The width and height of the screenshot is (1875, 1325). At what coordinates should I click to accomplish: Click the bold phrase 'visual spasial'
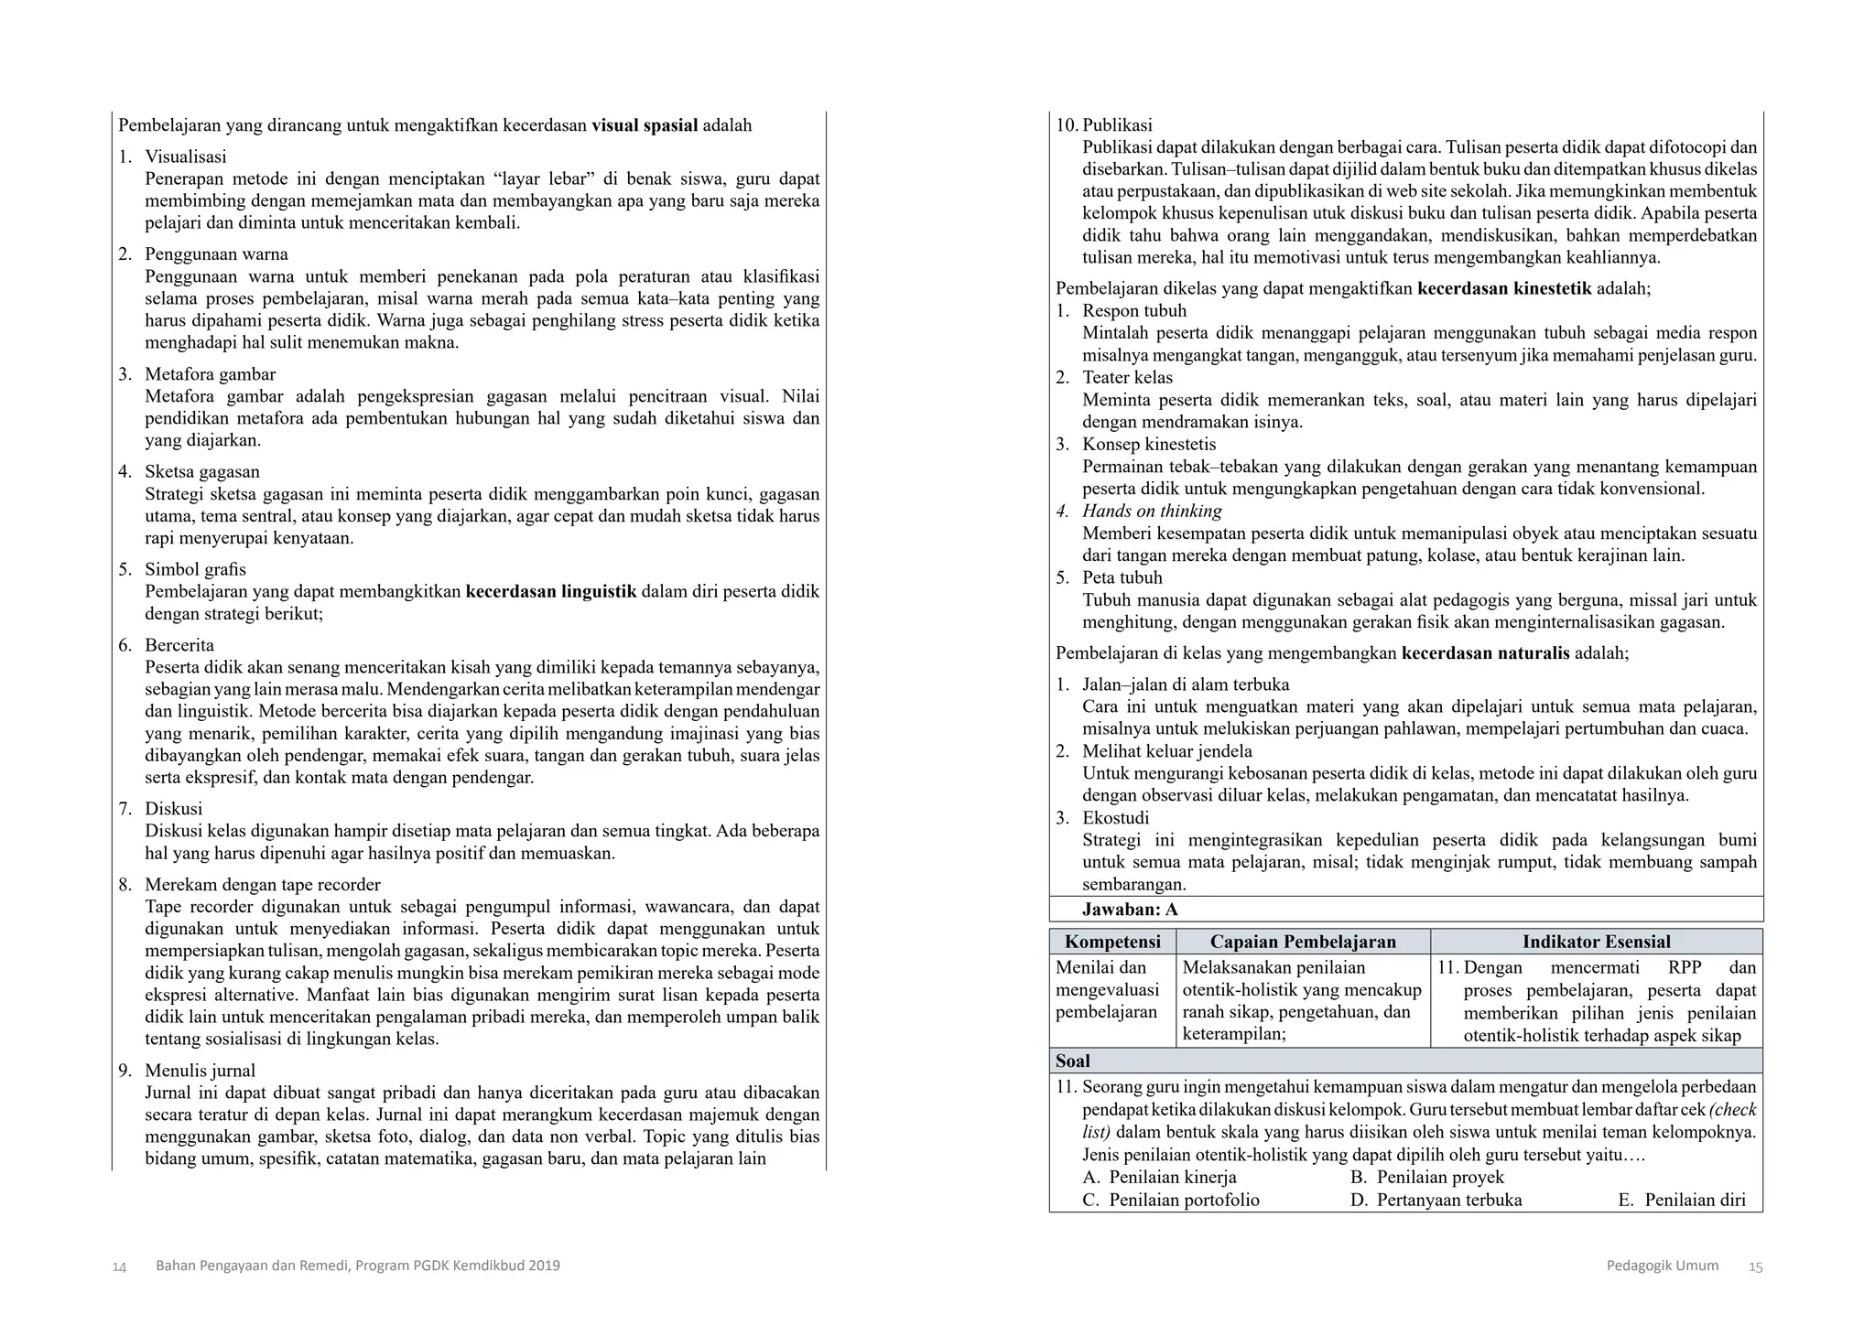point(645,125)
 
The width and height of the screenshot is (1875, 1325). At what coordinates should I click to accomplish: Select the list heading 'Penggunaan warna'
point(216,254)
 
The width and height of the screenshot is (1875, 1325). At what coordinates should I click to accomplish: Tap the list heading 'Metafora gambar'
point(210,374)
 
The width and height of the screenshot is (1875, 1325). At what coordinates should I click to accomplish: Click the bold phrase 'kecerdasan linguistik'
point(550,591)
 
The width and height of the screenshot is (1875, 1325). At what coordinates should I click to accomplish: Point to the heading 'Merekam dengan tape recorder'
point(262,885)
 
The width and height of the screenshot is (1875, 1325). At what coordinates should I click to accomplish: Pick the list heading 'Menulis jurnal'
point(200,1071)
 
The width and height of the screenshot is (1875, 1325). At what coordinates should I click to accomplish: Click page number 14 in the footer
point(119,1267)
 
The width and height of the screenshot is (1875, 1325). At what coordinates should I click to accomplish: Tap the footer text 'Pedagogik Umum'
point(1662,1266)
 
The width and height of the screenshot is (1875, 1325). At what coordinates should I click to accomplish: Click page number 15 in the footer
point(1755,1267)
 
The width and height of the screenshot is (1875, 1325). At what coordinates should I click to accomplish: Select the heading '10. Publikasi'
point(1104,125)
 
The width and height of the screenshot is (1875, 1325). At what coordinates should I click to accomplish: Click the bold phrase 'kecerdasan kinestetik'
point(1504,289)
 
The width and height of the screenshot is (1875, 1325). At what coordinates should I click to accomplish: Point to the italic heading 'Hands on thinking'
point(1152,512)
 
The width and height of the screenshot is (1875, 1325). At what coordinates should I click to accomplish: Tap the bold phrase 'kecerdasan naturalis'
point(1485,653)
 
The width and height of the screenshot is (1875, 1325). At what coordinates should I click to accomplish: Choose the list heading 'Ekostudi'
point(1115,818)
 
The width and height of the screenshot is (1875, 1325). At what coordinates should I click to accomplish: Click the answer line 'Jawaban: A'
point(1130,910)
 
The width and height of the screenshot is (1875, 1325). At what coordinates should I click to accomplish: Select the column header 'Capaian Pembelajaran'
point(1303,942)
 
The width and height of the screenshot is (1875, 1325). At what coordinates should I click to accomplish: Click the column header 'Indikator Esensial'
point(1596,942)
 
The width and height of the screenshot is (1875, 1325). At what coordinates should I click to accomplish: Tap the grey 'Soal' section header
point(1073,1061)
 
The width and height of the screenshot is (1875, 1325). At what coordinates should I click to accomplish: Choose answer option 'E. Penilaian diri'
point(1682,1201)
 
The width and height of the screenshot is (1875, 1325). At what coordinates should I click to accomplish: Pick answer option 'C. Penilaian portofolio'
point(1171,1201)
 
